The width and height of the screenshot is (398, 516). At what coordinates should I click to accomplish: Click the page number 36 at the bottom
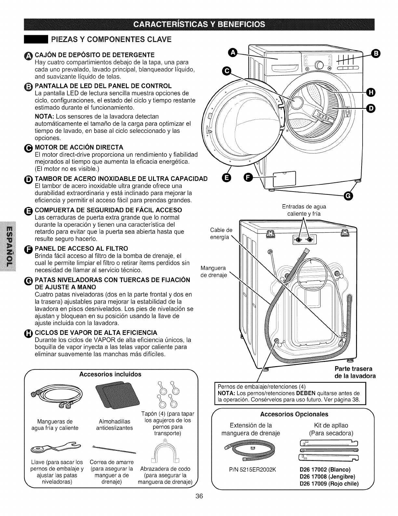click(x=199, y=505)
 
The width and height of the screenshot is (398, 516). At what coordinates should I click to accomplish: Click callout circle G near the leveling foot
click(x=348, y=195)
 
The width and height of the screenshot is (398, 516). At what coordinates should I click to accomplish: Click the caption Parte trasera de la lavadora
click(x=355, y=372)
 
